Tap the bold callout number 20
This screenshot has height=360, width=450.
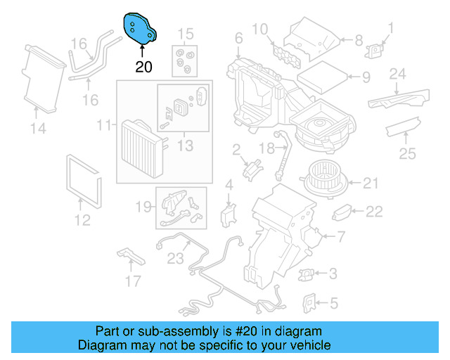pyautogui.click(x=143, y=67)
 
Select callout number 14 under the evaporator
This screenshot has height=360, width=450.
pyautogui.click(x=38, y=128)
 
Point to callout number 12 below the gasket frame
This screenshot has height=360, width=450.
pyautogui.click(x=82, y=220)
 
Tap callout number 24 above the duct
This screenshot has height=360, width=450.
pyautogui.click(x=398, y=74)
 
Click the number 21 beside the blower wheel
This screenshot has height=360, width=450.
pyautogui.click(x=371, y=184)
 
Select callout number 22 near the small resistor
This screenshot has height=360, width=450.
pyautogui.click(x=374, y=211)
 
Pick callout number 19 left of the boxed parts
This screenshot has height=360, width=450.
pyautogui.click(x=143, y=207)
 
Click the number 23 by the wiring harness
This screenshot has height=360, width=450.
pyautogui.click(x=174, y=258)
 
